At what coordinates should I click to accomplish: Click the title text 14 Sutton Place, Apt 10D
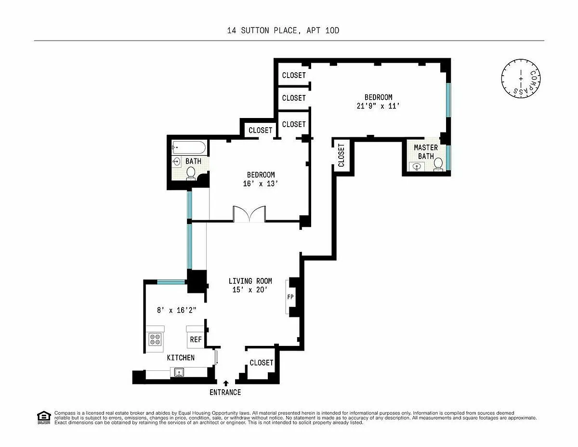click(283, 30)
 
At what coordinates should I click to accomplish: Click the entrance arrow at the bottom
click(226, 383)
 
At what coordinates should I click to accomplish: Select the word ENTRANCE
click(225, 393)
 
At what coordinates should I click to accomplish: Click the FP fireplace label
click(290, 297)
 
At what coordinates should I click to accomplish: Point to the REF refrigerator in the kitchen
click(196, 340)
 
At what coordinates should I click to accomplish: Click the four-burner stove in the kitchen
click(155, 339)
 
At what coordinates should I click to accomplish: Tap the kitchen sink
click(179, 372)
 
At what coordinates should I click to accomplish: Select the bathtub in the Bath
click(189, 147)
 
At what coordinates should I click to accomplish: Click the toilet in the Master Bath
click(438, 164)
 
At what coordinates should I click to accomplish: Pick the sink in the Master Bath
click(417, 167)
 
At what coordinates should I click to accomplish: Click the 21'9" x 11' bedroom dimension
click(378, 106)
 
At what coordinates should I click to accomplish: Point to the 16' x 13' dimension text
click(261, 184)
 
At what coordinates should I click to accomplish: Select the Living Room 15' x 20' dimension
click(250, 290)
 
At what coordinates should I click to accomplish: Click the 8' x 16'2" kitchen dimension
click(177, 310)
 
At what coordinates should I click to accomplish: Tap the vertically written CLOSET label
click(342, 155)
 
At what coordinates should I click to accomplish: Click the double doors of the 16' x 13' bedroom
click(249, 214)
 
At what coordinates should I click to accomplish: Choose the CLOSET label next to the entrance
click(262, 363)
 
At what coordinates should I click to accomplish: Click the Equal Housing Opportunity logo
click(44, 418)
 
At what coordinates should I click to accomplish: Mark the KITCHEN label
click(181, 358)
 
